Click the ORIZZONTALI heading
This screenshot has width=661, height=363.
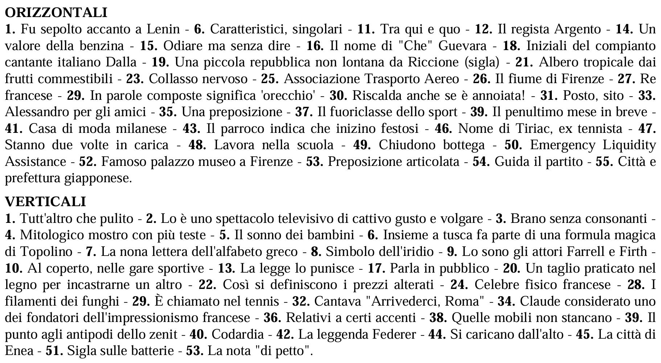[56, 12]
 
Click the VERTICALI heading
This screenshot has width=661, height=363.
[45, 201]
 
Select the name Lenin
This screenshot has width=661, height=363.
[163, 29]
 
